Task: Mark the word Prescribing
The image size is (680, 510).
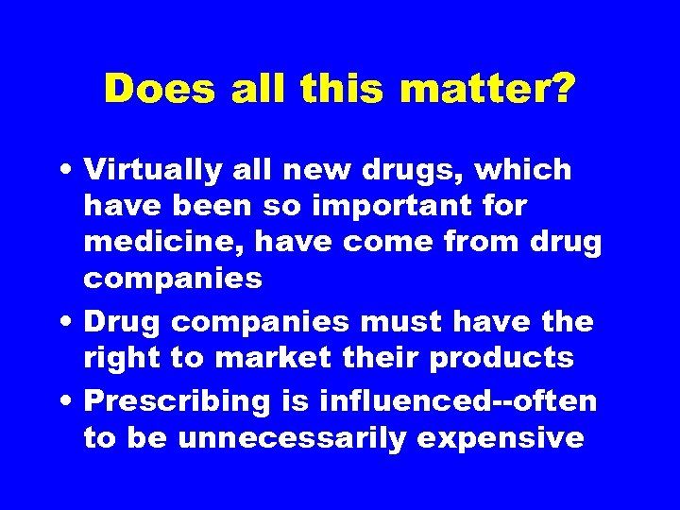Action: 178,400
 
